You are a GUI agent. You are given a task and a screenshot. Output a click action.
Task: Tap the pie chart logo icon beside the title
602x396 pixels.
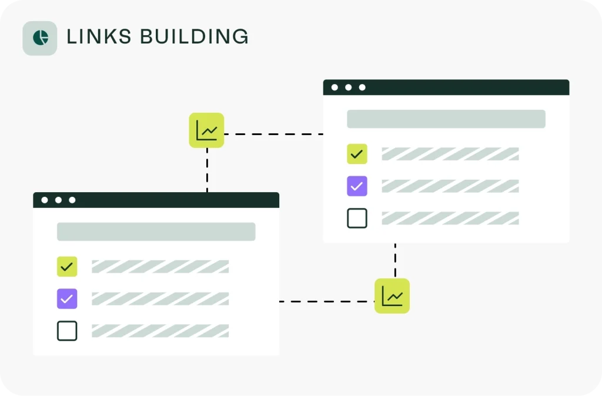click(x=40, y=38)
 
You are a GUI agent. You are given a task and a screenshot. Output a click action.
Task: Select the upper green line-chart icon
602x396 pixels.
click(x=206, y=130)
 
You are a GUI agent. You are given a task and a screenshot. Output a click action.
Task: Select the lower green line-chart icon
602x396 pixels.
click(x=392, y=296)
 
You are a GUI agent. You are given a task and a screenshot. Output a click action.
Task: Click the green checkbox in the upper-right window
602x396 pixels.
click(x=357, y=154)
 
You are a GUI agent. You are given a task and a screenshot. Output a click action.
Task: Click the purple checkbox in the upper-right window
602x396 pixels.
click(x=357, y=186)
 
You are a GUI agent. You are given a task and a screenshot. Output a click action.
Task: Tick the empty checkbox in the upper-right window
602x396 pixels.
click(x=357, y=219)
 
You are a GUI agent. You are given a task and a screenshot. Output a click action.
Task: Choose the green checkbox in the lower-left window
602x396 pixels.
click(x=67, y=267)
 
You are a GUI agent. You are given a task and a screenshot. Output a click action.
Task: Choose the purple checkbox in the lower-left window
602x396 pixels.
click(x=67, y=298)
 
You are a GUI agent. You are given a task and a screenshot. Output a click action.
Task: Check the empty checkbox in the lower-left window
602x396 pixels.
click(x=67, y=331)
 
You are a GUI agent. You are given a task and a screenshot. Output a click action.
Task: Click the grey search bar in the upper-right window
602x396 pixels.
click(x=446, y=119)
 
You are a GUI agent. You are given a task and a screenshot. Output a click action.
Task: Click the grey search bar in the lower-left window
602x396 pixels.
click(x=156, y=231)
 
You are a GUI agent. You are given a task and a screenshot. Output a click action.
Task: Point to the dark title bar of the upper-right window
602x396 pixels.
click(x=459, y=88)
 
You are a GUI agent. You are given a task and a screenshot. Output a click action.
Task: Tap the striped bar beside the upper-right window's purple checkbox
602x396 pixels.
click(x=450, y=186)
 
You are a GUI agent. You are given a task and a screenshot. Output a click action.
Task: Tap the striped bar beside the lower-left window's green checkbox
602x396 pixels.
click(x=160, y=267)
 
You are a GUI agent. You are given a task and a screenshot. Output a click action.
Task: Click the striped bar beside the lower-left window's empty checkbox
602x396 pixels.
click(x=160, y=331)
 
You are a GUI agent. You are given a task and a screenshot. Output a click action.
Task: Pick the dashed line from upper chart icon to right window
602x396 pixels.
click(x=273, y=135)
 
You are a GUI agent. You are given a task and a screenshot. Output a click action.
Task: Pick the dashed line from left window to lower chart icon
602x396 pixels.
click(x=326, y=301)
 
